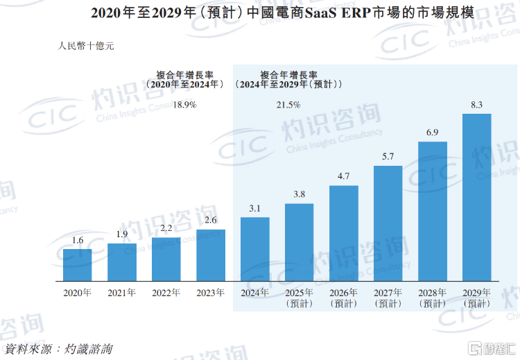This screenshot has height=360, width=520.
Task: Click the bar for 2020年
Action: pyautogui.click(x=77, y=265)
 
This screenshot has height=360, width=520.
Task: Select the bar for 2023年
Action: pyautogui.click(x=211, y=255)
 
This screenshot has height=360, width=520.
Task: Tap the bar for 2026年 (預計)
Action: pyautogui.click(x=344, y=233)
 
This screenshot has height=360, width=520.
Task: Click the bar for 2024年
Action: pyautogui.click(x=255, y=249)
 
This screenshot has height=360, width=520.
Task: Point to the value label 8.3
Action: pyautogui.click(x=476, y=105)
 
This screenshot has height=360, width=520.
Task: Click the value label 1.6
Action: pyautogui.click(x=78, y=240)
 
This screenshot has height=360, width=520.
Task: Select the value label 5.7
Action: pyautogui.click(x=388, y=157)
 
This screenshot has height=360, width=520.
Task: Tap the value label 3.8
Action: pyautogui.click(x=299, y=194)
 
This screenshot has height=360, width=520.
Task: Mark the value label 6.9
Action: pyautogui.click(x=432, y=132)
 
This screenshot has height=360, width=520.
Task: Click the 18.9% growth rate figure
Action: pyautogui.click(x=185, y=105)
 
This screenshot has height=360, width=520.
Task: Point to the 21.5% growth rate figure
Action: pyautogui.click(x=288, y=105)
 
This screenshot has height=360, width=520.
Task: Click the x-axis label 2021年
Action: pyautogui.click(x=122, y=293)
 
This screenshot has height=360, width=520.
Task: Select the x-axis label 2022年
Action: pyautogui.click(x=166, y=293)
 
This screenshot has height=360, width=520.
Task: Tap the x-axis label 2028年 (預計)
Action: pyautogui.click(x=433, y=298)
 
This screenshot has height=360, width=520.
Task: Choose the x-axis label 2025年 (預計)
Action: pyautogui.click(x=300, y=298)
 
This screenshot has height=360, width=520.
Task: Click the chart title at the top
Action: pyautogui.click(x=259, y=13)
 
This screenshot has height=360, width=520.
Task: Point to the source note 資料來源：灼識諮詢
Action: pyautogui.click(x=58, y=348)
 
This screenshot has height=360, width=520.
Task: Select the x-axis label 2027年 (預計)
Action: pyautogui.click(x=388, y=298)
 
